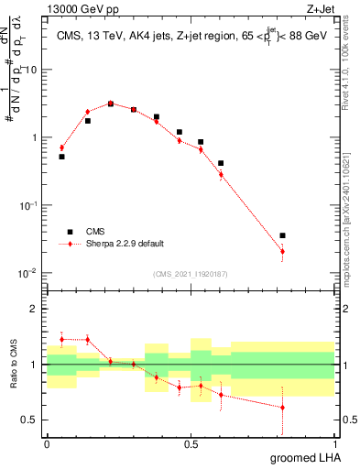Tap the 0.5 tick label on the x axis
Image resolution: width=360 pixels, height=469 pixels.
tap(191, 443)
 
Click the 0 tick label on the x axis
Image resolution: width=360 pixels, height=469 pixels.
tap(47, 443)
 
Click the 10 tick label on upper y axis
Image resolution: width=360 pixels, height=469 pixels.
tap(32, 70)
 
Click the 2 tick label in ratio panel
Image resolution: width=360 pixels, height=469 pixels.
tap(37, 309)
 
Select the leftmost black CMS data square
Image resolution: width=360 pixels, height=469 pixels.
tap(61, 157)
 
